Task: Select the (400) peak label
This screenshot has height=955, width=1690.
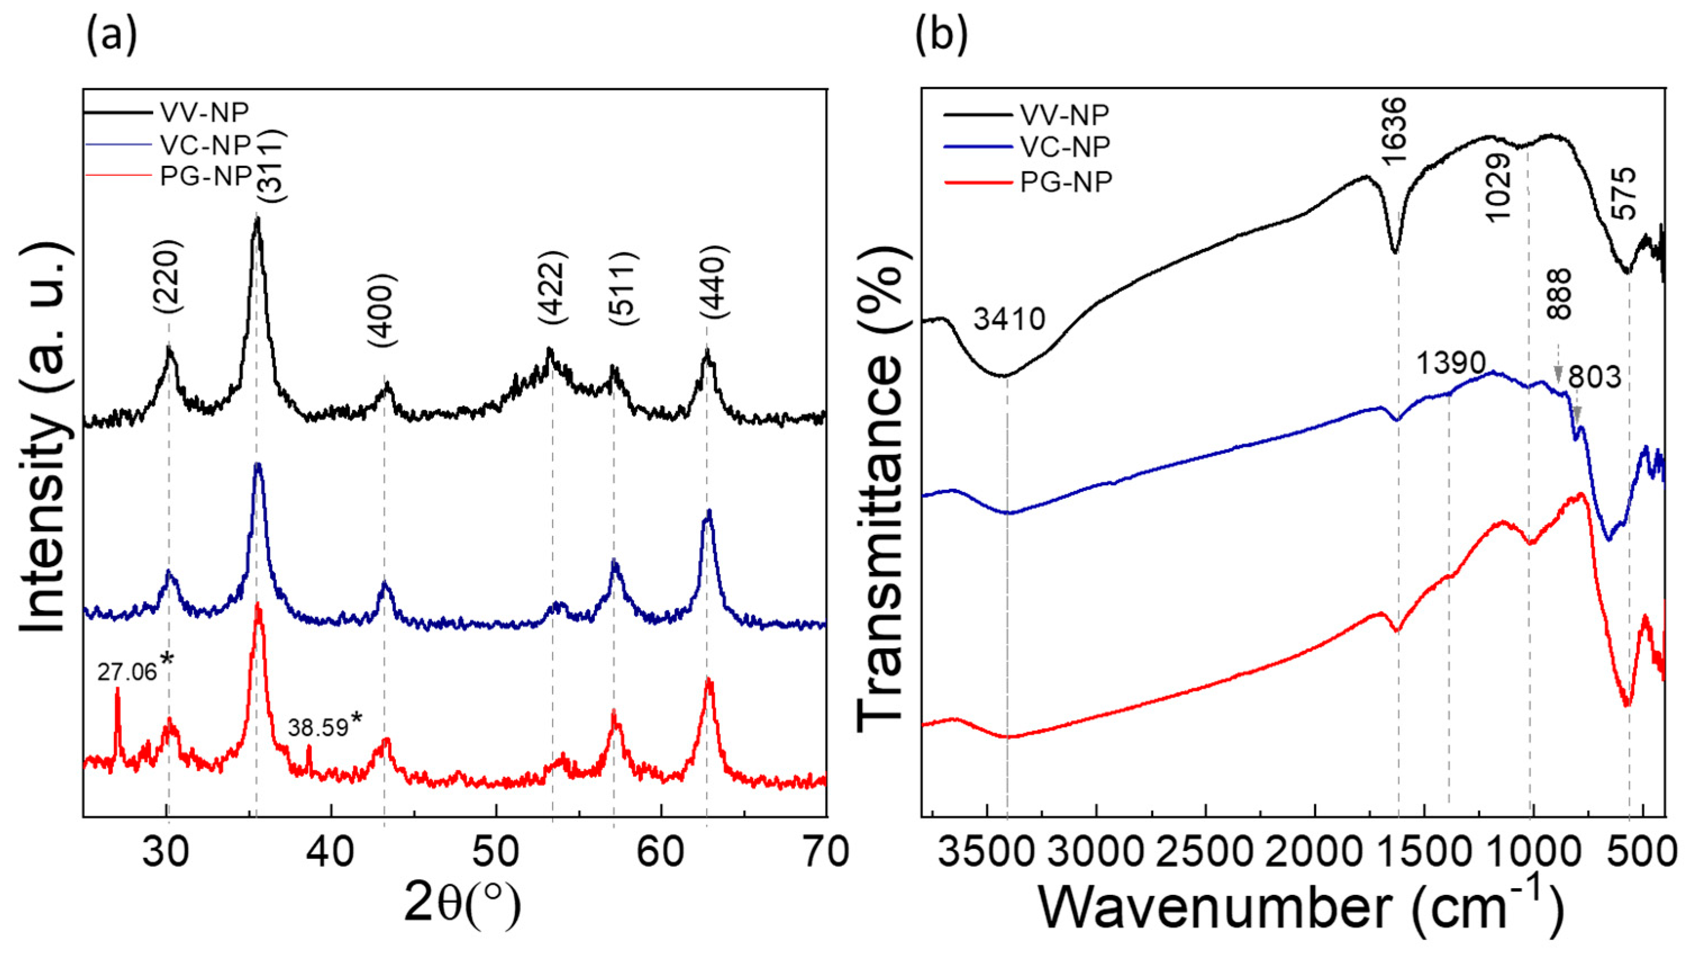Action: [382, 311]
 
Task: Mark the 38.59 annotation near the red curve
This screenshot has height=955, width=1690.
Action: [317, 729]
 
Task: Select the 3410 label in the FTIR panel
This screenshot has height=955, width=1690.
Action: [1009, 320]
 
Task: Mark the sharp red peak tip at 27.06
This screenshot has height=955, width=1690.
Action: [117, 689]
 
